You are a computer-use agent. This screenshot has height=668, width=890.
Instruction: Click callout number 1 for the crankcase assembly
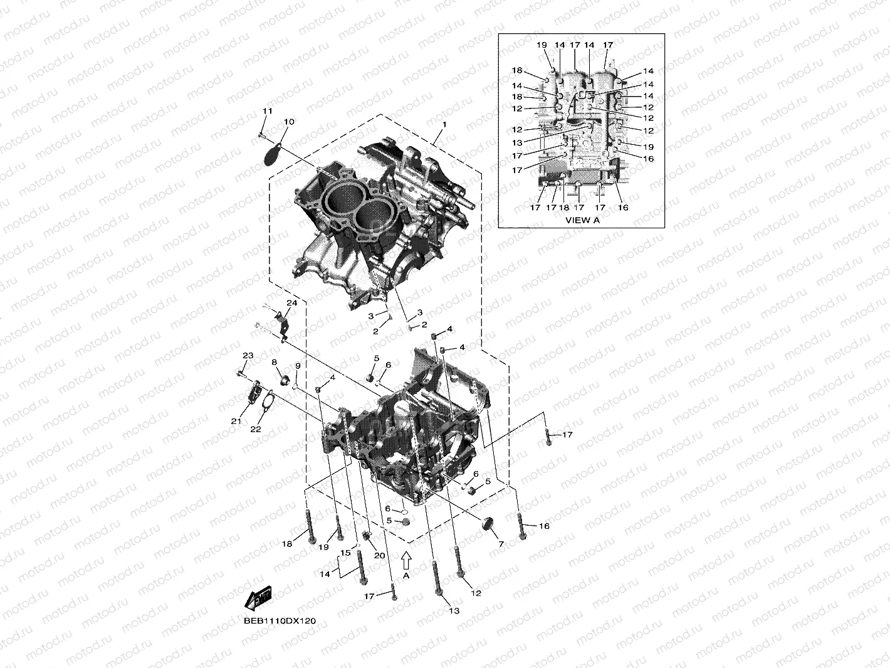444,125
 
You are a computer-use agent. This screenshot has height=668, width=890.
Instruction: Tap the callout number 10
289,122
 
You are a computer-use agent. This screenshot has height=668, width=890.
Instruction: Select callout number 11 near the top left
268,111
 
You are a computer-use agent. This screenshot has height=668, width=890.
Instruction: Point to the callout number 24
291,303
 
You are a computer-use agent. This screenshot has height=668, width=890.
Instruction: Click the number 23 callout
248,356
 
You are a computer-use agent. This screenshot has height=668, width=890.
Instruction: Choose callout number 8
274,363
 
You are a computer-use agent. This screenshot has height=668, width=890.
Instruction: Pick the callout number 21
236,421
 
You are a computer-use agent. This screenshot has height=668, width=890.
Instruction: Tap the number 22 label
256,429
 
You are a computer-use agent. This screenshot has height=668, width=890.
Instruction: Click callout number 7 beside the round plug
500,544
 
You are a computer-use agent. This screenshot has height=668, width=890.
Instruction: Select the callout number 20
379,555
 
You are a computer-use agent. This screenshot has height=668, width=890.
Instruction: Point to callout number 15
345,553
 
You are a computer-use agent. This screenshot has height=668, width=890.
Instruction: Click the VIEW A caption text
582,220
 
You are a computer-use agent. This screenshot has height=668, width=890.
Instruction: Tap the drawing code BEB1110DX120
280,621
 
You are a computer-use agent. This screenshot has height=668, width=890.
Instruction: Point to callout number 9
298,366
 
